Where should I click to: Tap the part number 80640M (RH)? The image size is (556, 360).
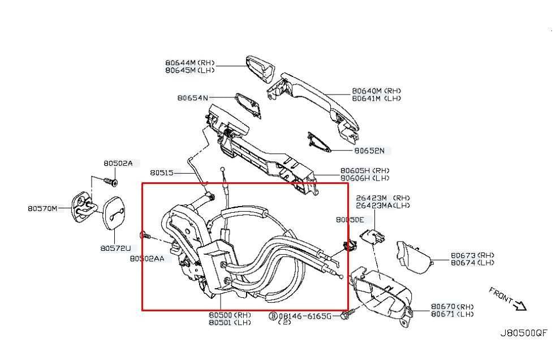[376, 91]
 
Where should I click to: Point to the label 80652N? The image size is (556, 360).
[369, 151]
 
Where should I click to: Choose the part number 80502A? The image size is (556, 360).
[118, 163]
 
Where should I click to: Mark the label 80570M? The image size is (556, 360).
[42, 208]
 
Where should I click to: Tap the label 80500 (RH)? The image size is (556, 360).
[230, 315]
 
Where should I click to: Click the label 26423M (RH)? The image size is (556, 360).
[383, 198]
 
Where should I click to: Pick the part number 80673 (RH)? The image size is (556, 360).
[472, 255]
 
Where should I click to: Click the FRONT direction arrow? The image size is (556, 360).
[520, 305]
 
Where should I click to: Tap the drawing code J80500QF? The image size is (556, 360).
[523, 333]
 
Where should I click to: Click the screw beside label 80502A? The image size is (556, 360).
[111, 182]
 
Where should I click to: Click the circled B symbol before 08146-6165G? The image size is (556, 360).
[273, 316]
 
